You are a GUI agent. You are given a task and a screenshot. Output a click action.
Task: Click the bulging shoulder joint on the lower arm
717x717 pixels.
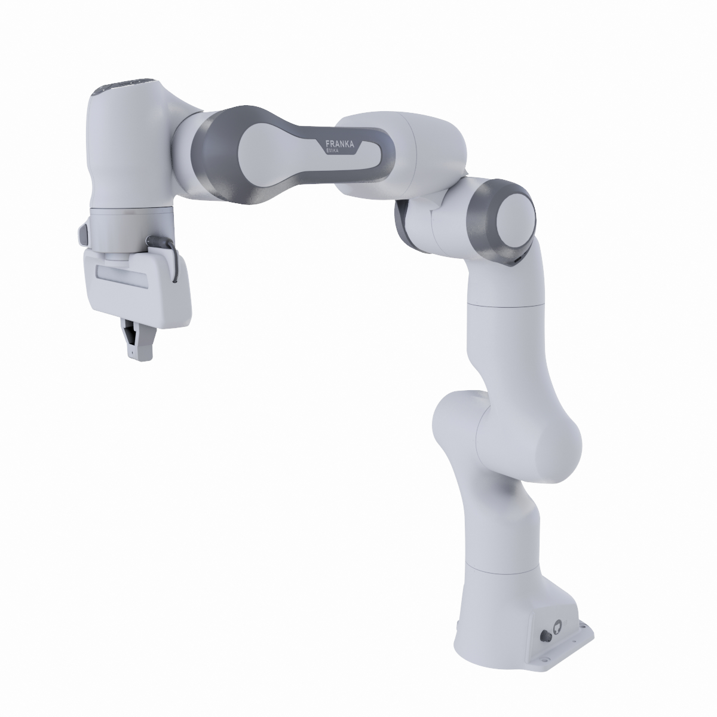526,436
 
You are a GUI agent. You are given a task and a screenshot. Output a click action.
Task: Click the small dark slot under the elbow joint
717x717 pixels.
515,261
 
